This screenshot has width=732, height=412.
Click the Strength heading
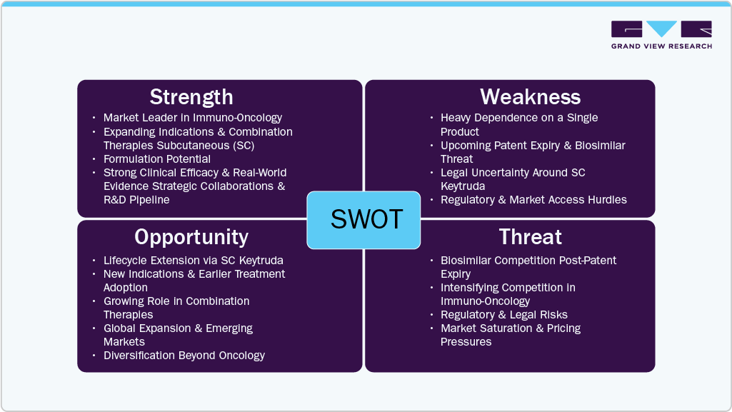tap(191, 97)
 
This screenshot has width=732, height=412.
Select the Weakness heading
tap(531, 96)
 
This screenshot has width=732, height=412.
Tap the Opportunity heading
tap(191, 238)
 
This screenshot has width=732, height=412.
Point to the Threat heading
tap(531, 236)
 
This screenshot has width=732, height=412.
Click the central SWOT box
tap(364, 220)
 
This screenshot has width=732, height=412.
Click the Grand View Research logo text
tap(661, 46)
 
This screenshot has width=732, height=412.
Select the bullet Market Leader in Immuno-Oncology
tap(193, 118)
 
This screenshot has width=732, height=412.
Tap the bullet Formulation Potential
tap(157, 159)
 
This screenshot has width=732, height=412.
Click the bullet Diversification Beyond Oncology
tap(184, 356)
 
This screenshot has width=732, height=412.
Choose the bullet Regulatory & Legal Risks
tap(504, 314)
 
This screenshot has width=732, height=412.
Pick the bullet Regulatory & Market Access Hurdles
tap(533, 200)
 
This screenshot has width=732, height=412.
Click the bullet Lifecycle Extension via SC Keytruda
tap(194, 261)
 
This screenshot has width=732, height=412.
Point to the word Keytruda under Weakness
tap(463, 186)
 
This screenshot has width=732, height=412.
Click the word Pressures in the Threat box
tap(466, 342)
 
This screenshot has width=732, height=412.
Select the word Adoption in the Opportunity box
tap(126, 288)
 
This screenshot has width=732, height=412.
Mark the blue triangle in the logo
tap(661, 28)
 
